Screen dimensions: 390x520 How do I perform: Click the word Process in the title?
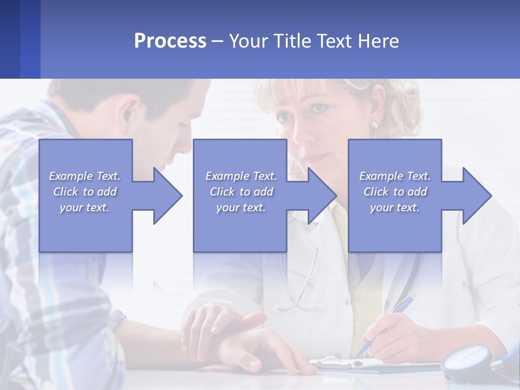point(170,41)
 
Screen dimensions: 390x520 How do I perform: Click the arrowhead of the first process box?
point(168,196)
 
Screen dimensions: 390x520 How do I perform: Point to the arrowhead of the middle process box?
point(323,196)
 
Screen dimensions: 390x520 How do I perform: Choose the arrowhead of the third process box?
point(477,196)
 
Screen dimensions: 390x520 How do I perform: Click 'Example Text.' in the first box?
point(84,176)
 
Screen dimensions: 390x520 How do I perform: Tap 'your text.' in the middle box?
point(240,207)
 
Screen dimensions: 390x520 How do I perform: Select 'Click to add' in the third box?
point(395,192)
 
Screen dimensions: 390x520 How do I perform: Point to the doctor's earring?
point(374,125)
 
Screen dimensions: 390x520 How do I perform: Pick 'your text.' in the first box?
point(84,207)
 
